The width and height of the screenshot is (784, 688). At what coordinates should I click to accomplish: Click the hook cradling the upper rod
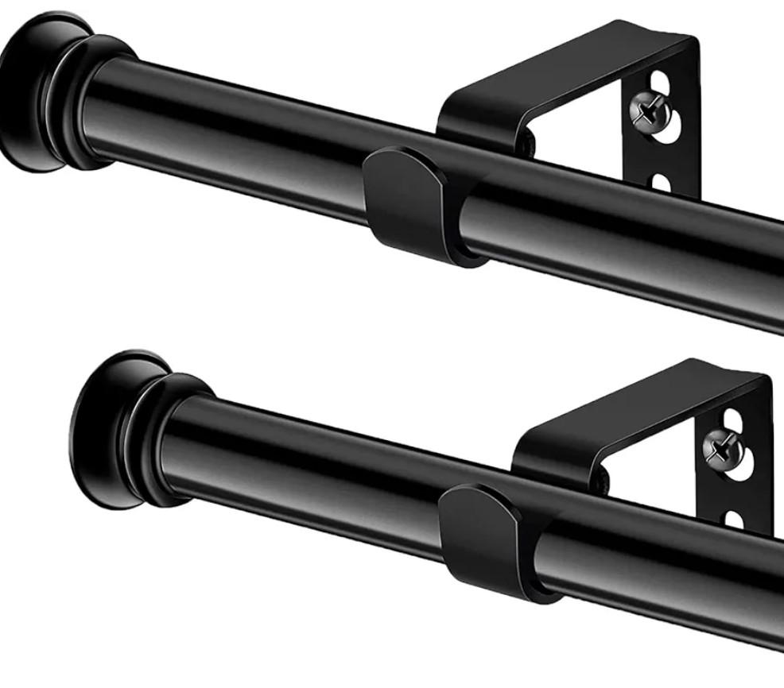[413, 203]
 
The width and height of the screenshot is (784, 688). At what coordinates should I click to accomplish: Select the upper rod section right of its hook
[636, 238]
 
